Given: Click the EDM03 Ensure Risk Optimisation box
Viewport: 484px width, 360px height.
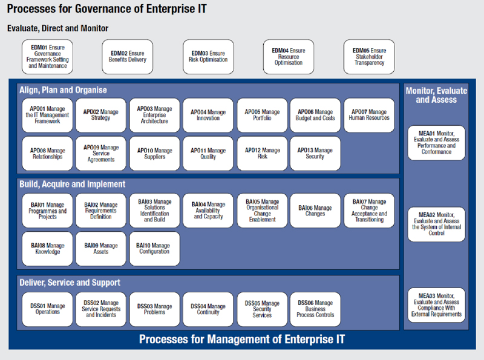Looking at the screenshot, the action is [208, 56].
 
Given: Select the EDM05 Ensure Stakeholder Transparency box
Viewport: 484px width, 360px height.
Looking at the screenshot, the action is [369, 56].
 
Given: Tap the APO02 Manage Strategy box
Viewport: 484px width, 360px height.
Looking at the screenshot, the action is [101, 115].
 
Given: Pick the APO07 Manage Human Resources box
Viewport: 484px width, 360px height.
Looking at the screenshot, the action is [369, 115].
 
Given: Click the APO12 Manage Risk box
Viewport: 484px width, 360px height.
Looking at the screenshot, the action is [263, 154].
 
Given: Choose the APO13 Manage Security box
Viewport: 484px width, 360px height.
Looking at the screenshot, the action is [315, 154].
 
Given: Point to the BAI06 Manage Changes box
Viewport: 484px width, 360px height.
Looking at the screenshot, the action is [315, 211].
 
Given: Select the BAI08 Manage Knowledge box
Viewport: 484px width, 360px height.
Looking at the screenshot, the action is [48, 249].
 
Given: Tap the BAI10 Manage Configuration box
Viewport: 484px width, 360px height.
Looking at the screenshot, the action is [154, 249].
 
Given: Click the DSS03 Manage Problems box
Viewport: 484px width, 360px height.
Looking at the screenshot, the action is [154, 309].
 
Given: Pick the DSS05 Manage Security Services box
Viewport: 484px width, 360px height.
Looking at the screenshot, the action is [263, 309].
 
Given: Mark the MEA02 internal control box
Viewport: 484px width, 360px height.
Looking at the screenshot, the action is [436, 224].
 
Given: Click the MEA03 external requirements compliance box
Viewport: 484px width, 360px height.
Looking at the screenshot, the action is [436, 305].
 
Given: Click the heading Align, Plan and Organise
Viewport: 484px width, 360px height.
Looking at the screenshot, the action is [64, 90].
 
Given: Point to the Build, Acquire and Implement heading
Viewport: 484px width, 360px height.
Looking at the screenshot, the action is [73, 185].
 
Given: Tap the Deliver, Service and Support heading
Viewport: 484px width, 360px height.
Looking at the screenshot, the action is [70, 283].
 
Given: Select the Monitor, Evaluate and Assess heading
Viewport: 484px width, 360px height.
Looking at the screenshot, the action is [436, 95].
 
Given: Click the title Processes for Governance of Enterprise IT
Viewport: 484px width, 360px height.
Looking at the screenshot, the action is [107, 9].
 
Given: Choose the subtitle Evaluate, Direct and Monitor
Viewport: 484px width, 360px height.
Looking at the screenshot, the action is [57, 28].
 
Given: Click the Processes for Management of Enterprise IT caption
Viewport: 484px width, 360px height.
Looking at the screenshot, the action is [242, 339].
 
